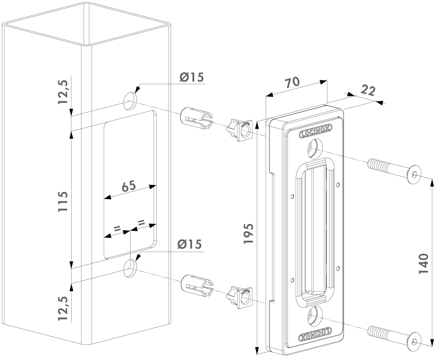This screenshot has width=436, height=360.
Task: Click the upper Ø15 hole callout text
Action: click(x=192, y=77)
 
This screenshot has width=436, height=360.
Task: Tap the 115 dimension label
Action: click(x=63, y=202)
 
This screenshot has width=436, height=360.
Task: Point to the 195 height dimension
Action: click(x=249, y=234)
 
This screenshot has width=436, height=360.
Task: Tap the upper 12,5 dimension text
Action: click(x=63, y=91)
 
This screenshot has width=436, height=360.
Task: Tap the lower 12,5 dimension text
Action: click(x=63, y=308)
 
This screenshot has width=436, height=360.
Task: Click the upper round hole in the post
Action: click(x=130, y=101)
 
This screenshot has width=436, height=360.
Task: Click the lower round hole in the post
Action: click(x=130, y=267)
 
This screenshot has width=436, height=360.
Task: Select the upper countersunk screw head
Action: click(x=414, y=175)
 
